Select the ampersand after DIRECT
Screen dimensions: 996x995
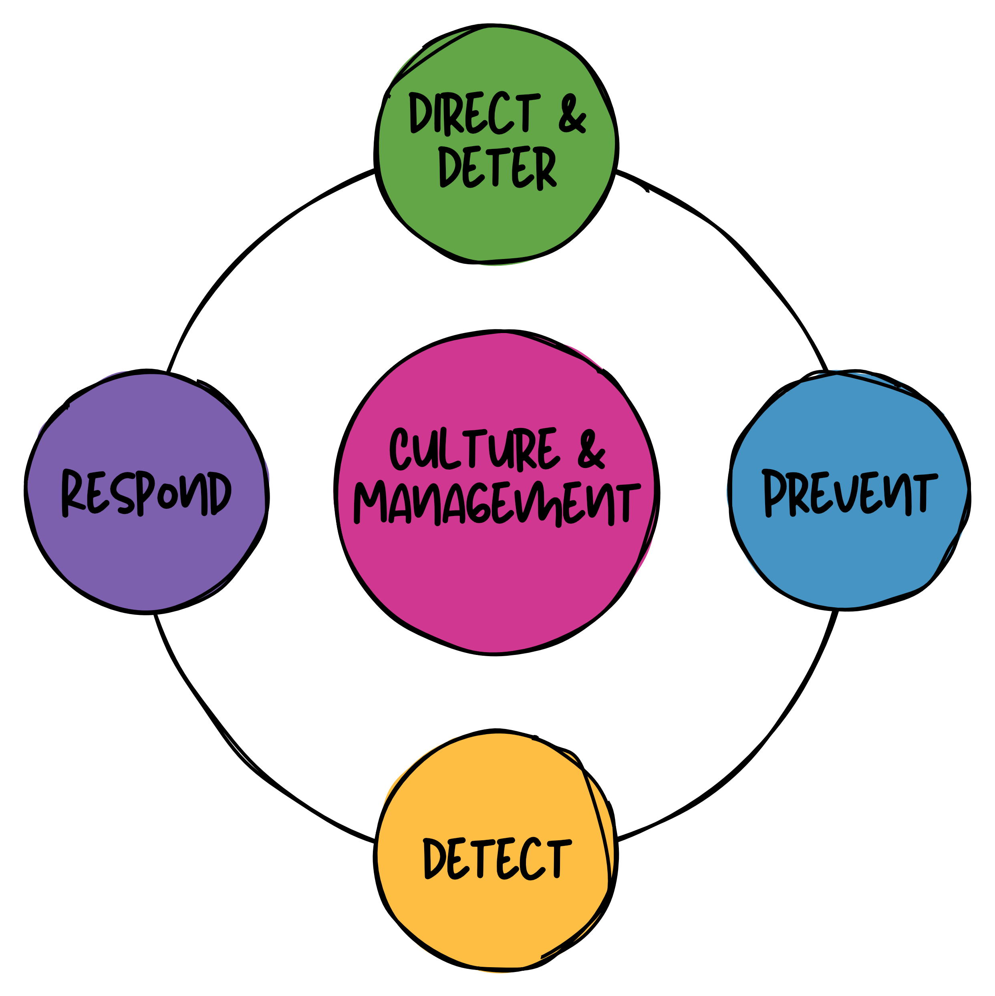coord(572,113)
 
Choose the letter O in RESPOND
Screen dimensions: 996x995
coord(168,496)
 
